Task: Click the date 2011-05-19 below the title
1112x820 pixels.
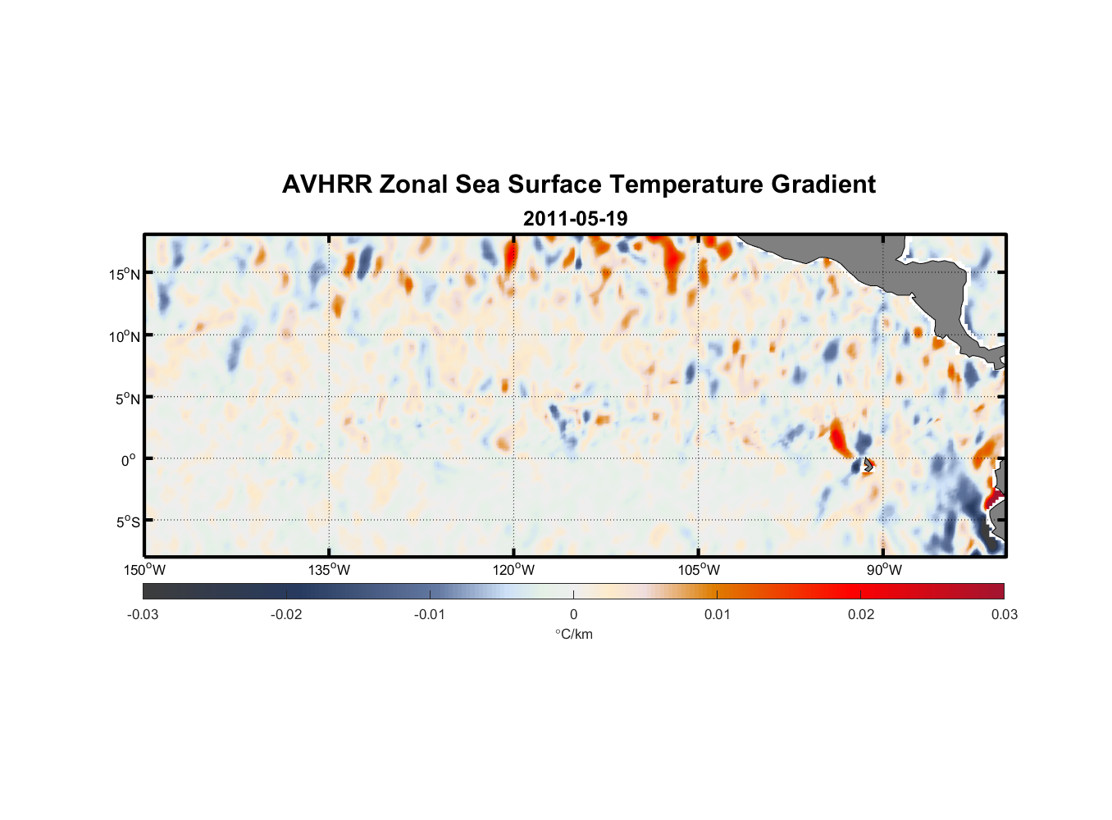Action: coord(575,219)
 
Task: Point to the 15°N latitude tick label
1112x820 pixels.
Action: coord(125,274)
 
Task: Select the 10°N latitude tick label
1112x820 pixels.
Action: coord(125,336)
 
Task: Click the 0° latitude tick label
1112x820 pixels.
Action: coord(129,460)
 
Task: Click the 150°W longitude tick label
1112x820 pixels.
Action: coord(144,570)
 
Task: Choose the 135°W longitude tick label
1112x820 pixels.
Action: coord(329,570)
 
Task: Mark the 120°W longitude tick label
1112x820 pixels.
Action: coord(513,570)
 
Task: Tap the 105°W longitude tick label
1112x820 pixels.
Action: coord(699,570)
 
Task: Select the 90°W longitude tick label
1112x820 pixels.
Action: coord(884,570)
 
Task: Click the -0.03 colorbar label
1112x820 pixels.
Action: coord(143,614)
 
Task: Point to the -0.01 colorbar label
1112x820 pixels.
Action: coord(430,614)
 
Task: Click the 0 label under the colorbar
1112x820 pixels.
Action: coord(573,614)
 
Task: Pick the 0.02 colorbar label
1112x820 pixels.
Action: coord(860,614)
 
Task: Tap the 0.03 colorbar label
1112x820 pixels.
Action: coord(1004,614)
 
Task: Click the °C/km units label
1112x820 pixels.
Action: coord(573,634)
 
